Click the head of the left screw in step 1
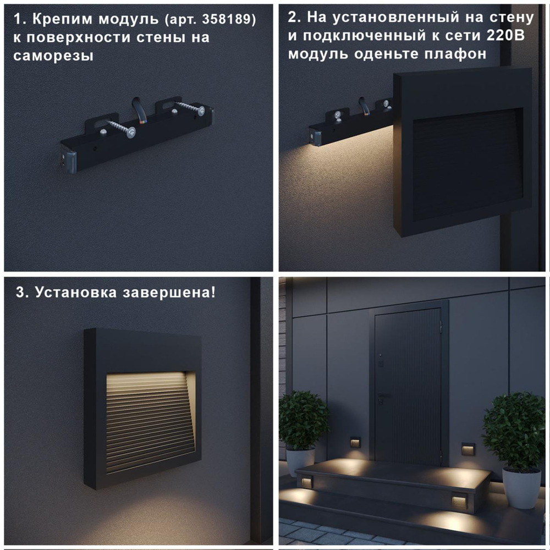[131, 132]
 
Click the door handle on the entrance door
[383, 395]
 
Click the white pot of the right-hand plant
[521, 487]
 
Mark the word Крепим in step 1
[61, 20]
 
